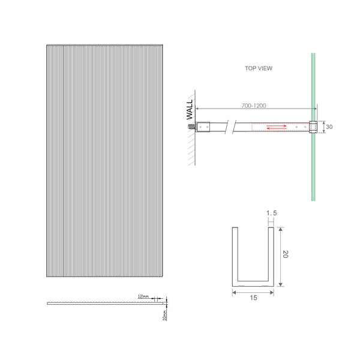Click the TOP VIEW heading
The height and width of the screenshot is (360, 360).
coord(258,68)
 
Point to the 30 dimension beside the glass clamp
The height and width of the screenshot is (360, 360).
coord(329,127)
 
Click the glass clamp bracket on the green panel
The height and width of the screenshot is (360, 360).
coord(313,127)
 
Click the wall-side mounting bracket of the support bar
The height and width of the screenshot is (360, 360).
coord(202,127)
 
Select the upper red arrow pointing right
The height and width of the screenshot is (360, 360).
coord(276,125)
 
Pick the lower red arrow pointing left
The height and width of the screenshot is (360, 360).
coord(276,128)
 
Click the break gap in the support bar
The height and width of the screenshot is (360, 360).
coord(230,127)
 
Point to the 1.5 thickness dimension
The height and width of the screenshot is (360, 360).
coord(271,214)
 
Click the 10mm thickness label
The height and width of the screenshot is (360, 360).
coord(164,314)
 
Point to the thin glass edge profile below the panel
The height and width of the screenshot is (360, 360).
coord(102,303)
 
